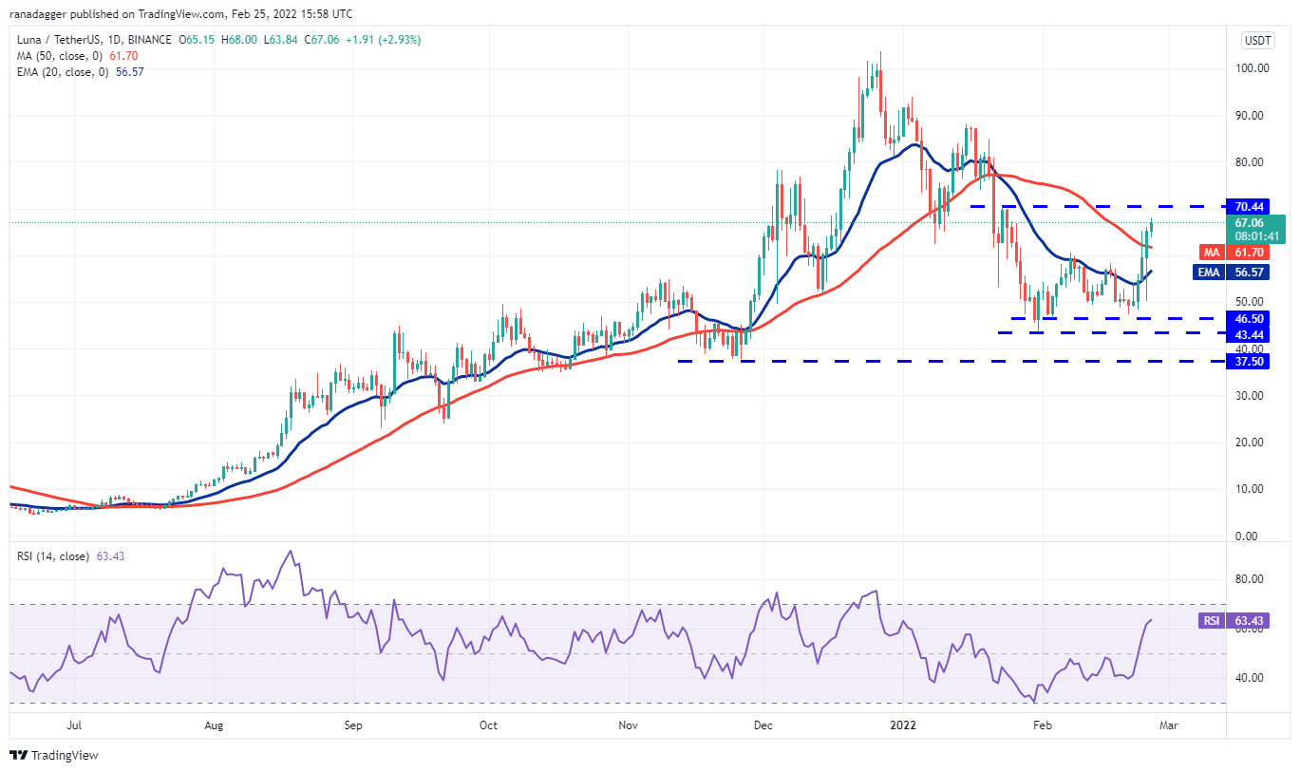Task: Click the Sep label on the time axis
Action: point(353,725)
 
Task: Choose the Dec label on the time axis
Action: point(764,725)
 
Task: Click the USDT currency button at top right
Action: point(1257,40)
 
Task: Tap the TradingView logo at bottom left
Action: point(54,756)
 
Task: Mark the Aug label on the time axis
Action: point(214,725)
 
